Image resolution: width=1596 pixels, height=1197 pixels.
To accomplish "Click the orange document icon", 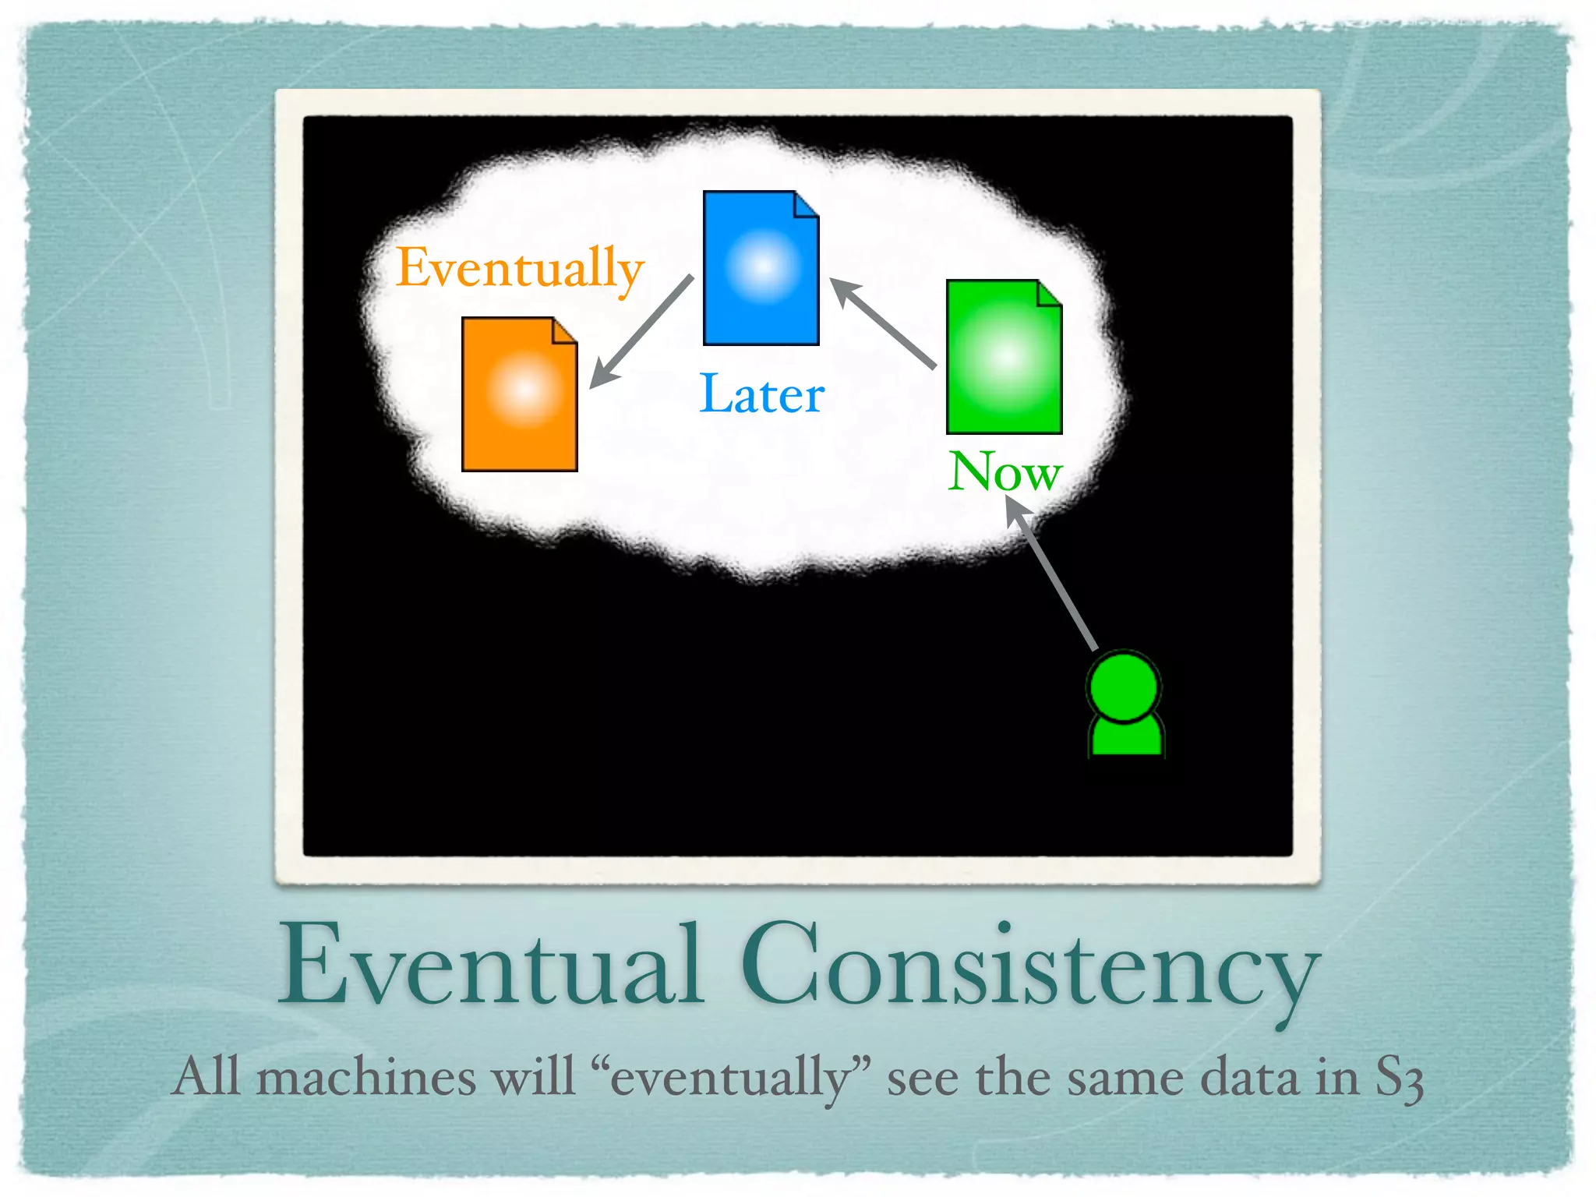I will pos(519,394).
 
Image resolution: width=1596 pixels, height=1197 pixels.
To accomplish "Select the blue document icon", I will pos(761,268).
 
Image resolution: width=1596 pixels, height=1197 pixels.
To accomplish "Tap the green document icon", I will pos(1004,357).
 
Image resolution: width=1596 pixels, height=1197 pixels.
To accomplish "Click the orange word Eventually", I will pos(520,268).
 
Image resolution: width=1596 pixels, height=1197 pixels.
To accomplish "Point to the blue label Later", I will pos(761,394).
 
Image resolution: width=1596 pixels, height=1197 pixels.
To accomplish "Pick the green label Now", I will pos(1005,471).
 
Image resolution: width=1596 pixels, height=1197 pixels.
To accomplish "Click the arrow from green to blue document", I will pos(883,323).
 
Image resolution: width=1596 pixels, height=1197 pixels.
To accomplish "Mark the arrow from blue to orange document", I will pos(641,332).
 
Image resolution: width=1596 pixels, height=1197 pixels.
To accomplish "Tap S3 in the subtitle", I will pos(1399,1079).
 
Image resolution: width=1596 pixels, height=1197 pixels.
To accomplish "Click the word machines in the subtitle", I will pos(365,1078).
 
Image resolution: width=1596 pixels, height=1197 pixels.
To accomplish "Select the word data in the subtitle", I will pos(1250,1078).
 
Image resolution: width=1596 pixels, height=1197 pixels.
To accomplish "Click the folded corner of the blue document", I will pos(806,205).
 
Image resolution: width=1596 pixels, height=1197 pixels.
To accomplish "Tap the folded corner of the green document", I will pos(1049,294).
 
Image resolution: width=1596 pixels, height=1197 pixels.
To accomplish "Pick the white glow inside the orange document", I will pos(524,390).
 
